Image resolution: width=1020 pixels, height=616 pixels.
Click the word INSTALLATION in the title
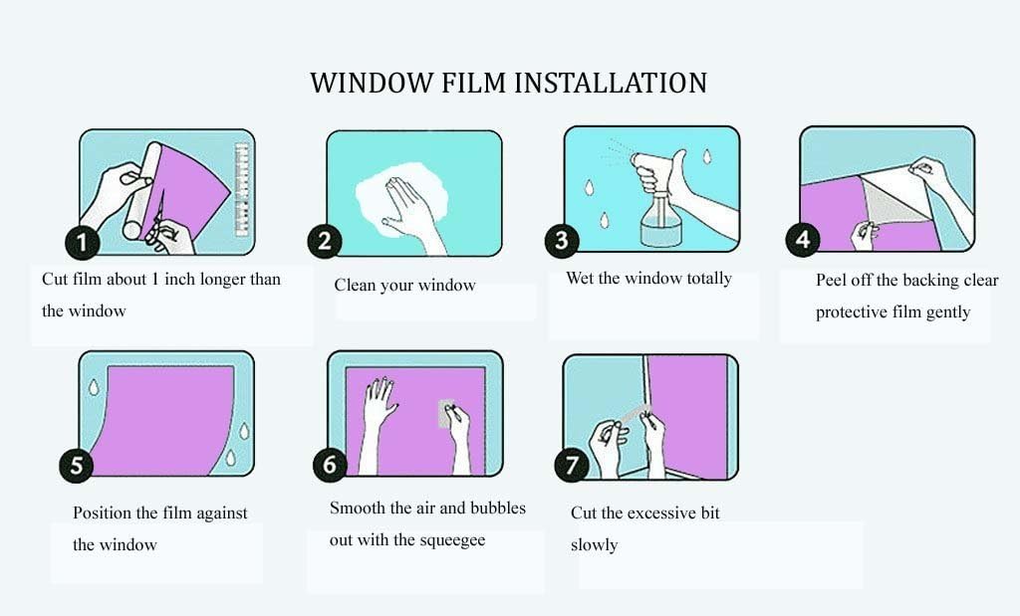tap(611, 84)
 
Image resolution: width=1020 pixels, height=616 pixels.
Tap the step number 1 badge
tap(82, 243)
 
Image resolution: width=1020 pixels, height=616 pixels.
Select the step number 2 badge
tap(325, 241)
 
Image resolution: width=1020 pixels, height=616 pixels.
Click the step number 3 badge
tap(562, 240)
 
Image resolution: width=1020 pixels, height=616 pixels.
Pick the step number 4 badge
tap(803, 239)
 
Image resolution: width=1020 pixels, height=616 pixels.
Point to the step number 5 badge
tap(77, 465)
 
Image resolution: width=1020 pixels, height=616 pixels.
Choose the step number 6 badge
tap(331, 464)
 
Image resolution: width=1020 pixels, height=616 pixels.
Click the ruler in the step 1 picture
tap(242, 188)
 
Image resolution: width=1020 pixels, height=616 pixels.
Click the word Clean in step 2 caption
tap(355, 285)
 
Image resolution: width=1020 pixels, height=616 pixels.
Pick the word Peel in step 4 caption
tap(831, 280)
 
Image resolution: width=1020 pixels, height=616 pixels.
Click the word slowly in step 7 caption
tap(594, 544)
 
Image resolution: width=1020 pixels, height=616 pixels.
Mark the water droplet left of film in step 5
tap(95, 387)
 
